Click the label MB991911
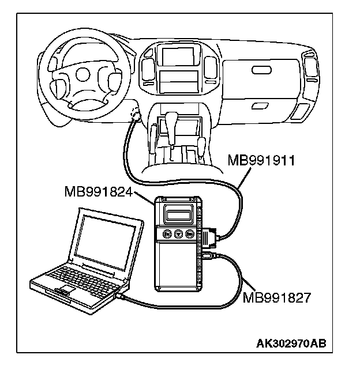(x=262, y=160)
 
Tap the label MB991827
(x=277, y=297)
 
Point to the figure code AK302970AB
(x=291, y=344)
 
